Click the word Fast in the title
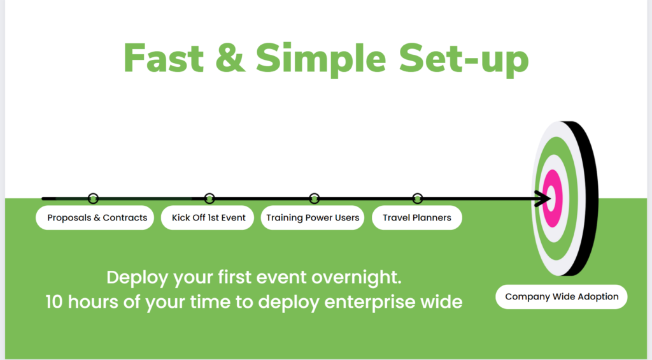(164, 58)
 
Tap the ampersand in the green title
(230, 58)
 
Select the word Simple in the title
(321, 60)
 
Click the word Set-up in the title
(464, 60)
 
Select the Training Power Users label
(313, 218)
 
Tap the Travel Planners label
(417, 218)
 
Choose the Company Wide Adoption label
(562, 297)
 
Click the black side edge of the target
(587, 198)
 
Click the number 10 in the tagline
(54, 302)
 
